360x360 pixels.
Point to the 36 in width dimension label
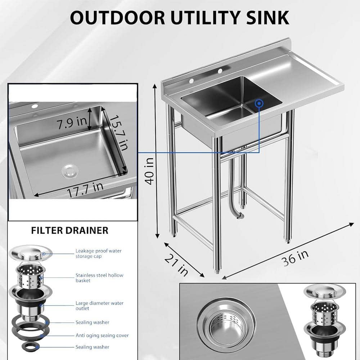pyautogui.click(x=295, y=258)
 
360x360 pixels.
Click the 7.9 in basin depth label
pyautogui.click(x=71, y=123)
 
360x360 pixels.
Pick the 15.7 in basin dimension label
pyautogui.click(x=119, y=133)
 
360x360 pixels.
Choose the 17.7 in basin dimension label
pyautogui.click(x=85, y=190)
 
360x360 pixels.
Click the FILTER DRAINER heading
pyautogui.click(x=69, y=230)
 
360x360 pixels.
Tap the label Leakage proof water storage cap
pyautogui.click(x=99, y=253)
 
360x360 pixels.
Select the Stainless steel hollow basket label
pyautogui.click(x=99, y=278)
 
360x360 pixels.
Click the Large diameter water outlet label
pyautogui.click(x=99, y=306)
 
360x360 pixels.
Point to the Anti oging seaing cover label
pyautogui.click(x=102, y=336)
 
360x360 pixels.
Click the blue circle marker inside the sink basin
pyautogui.click(x=259, y=104)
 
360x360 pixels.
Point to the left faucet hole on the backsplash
pyautogui.click(x=191, y=80)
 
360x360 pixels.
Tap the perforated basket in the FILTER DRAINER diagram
pyautogui.click(x=30, y=276)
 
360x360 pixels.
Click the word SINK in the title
pyautogui.click(x=268, y=18)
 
